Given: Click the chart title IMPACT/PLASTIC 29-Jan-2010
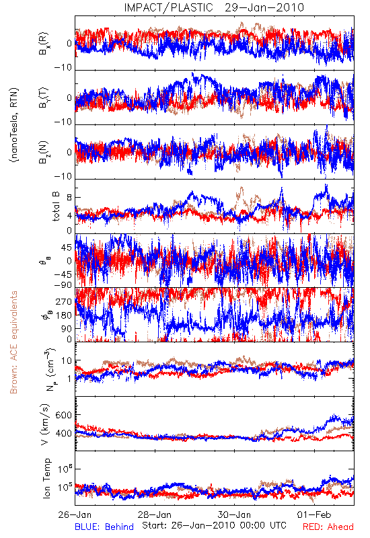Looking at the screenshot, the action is (x=214, y=7).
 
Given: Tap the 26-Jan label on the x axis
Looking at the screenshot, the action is (x=75, y=514).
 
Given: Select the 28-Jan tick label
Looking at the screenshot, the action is (x=155, y=514).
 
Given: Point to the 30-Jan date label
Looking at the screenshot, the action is (x=234, y=514).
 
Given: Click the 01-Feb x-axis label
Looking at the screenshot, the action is (x=314, y=514).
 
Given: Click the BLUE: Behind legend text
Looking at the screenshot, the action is (x=104, y=527).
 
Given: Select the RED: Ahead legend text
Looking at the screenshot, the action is (x=328, y=527).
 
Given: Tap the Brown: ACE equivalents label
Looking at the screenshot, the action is (x=13, y=342).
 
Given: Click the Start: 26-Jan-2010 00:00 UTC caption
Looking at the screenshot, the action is (x=214, y=525).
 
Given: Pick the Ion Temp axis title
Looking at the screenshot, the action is (x=46, y=478).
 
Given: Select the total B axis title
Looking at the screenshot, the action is (x=56, y=206).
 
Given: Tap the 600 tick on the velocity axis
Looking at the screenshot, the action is (x=64, y=415).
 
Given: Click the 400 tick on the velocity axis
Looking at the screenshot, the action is (x=64, y=433).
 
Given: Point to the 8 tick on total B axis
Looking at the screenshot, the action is (x=69, y=198).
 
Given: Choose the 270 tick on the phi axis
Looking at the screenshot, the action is (x=64, y=301).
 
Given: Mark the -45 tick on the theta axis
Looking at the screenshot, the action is (x=63, y=274).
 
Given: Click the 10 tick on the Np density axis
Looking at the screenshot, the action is (x=67, y=361).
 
